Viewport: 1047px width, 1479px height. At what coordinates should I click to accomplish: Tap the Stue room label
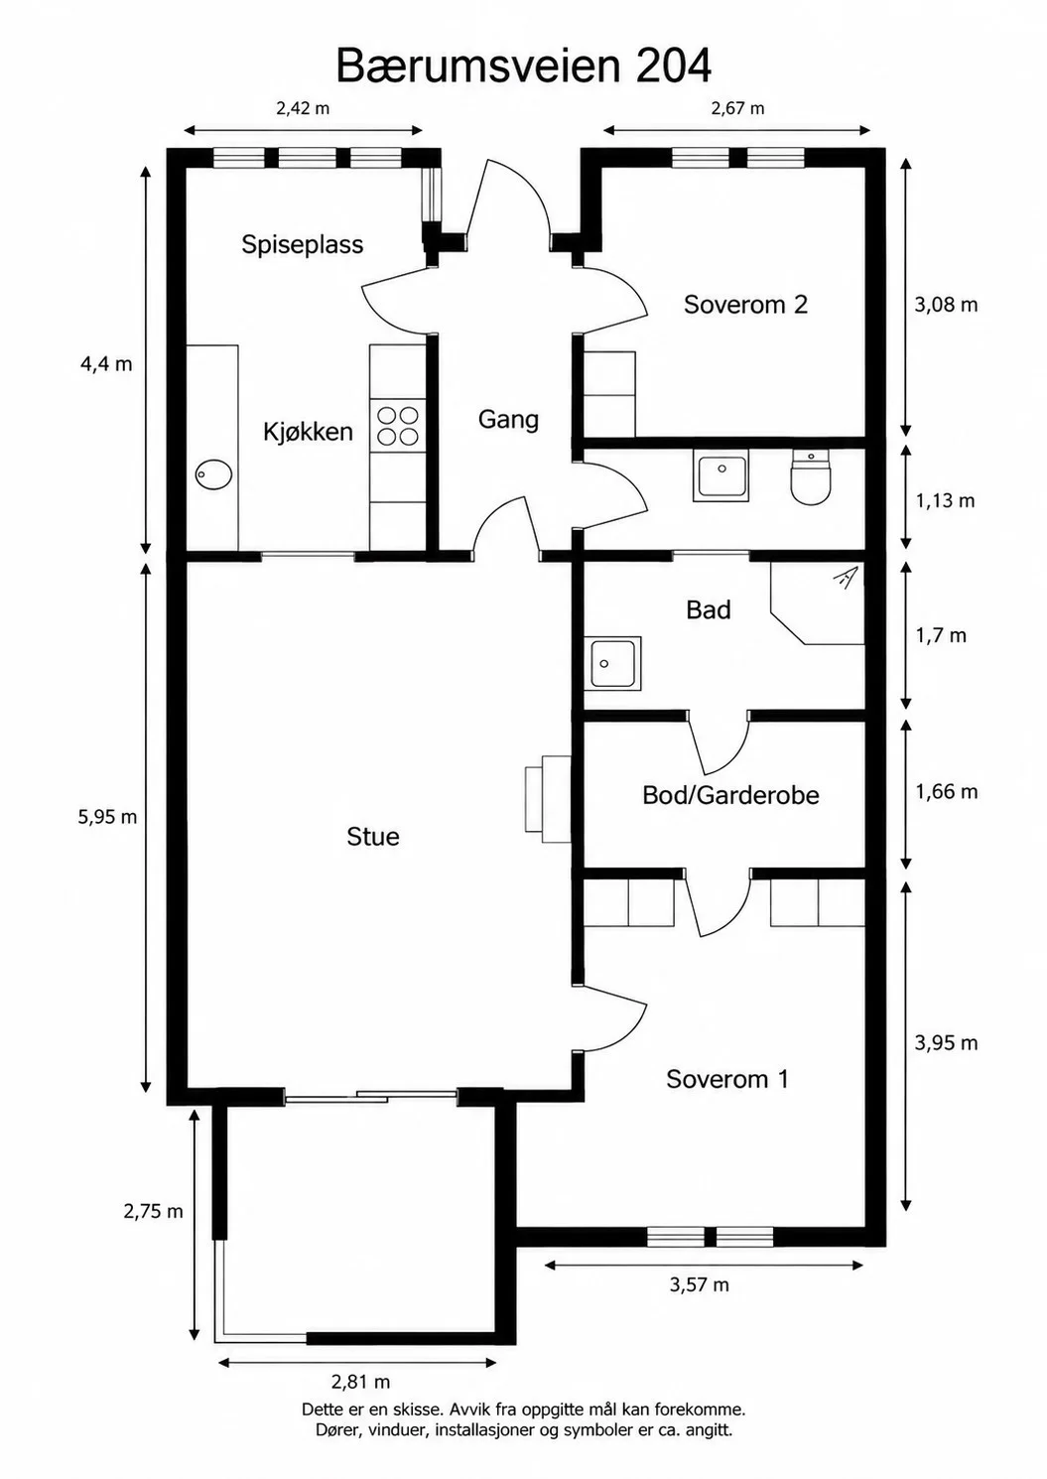(x=373, y=837)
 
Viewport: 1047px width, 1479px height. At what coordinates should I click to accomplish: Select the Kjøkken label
(x=309, y=432)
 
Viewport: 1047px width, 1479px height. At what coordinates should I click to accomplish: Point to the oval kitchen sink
(x=214, y=474)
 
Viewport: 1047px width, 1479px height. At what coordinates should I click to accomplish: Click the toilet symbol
(x=811, y=476)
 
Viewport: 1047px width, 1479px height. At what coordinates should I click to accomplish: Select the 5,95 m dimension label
(x=107, y=817)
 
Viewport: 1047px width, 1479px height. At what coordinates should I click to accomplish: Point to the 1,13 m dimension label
(x=946, y=501)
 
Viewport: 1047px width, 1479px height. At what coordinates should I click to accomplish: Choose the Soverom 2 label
(x=746, y=305)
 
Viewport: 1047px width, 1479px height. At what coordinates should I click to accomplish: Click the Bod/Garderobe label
(x=730, y=795)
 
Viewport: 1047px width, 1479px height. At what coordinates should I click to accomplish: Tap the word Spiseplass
(x=303, y=244)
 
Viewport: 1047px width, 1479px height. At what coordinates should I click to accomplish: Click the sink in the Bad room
(x=612, y=663)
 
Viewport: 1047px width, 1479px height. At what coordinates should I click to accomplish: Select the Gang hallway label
(x=508, y=420)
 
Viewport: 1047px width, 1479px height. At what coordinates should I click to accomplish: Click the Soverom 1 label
(x=727, y=1079)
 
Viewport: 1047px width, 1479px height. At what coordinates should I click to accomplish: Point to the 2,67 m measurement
(x=737, y=108)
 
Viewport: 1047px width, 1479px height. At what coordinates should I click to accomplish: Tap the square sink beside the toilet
(x=721, y=475)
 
